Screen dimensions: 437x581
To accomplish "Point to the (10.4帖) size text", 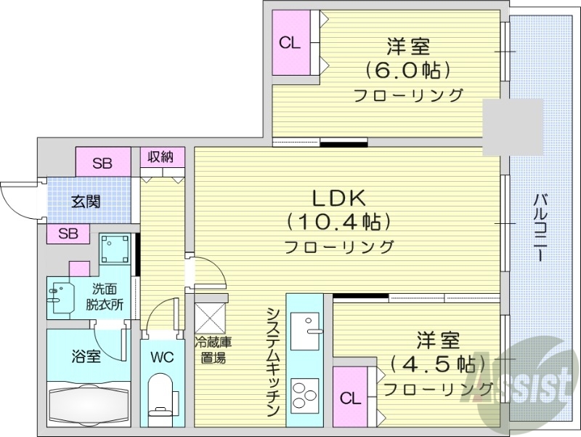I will coord(338,221).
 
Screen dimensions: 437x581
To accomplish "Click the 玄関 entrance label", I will coord(86,201).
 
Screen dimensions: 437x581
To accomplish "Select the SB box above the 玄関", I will coord(102,163).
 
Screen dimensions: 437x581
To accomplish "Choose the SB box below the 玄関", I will coord(68,233).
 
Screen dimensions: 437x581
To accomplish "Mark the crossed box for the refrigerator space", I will coord(211,318).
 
